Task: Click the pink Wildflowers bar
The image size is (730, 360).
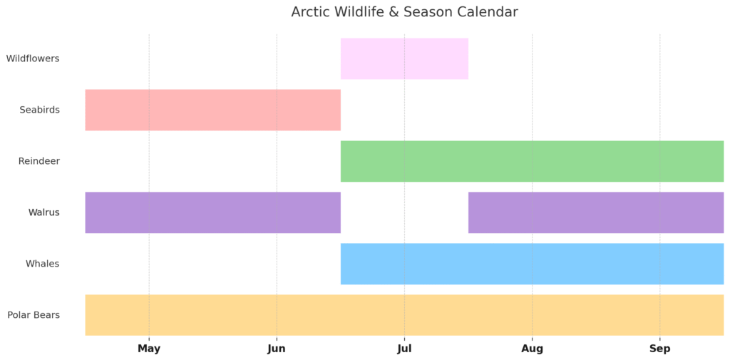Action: click(x=404, y=58)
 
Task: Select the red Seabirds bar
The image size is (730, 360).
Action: click(x=212, y=110)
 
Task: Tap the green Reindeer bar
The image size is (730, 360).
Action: click(x=532, y=161)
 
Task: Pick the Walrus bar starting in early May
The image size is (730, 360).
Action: click(x=212, y=212)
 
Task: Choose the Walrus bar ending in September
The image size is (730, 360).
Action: click(x=596, y=212)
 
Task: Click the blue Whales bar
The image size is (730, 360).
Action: click(x=532, y=264)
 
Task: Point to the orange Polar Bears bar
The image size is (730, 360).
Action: click(x=405, y=315)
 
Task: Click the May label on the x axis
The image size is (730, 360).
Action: click(x=149, y=349)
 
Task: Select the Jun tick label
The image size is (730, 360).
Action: click(x=277, y=349)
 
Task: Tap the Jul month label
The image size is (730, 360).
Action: click(x=404, y=349)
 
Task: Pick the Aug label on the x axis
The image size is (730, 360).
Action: click(x=532, y=349)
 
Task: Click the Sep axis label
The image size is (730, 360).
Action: click(x=659, y=349)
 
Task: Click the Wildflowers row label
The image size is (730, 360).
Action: click(x=33, y=58)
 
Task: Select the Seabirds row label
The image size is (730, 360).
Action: click(x=40, y=110)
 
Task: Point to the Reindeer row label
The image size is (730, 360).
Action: click(x=39, y=161)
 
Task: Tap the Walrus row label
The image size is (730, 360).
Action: click(x=43, y=212)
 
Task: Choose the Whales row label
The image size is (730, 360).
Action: click(x=42, y=264)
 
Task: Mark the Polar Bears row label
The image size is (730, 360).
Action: click(x=34, y=315)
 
